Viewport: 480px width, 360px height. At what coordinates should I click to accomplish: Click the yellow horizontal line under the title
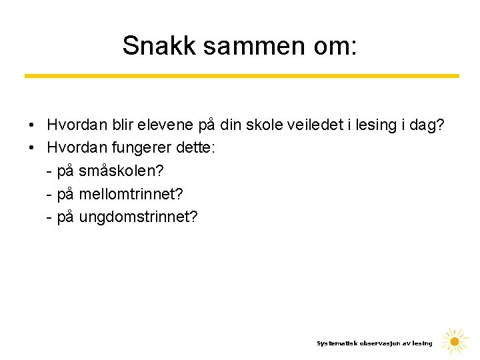pos(241,76)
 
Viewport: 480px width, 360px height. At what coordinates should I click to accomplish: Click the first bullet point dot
pos(31,125)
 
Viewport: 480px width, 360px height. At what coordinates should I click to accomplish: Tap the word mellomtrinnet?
pos(131,194)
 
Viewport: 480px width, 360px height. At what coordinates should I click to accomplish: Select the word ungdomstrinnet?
pos(138,217)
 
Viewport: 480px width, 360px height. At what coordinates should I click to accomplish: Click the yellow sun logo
pos(455,342)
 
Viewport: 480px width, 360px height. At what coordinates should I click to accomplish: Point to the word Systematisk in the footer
pos(337,343)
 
